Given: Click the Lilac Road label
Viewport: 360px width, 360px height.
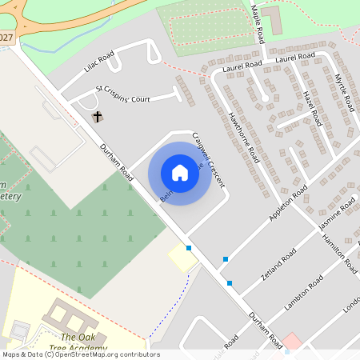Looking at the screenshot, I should tap(99, 62).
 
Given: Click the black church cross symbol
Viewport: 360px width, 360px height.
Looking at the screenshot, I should tap(98, 117).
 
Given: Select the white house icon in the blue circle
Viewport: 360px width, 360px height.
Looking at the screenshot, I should tap(180, 173).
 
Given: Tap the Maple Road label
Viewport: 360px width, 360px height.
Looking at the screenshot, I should tap(258, 24).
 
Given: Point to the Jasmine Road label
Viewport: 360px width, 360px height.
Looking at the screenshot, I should tap(337, 218).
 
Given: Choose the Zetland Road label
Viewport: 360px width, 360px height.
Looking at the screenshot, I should tap(279, 261).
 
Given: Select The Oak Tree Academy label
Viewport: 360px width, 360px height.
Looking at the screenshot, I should tap(83, 342).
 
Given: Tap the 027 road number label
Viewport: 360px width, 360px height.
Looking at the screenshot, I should tap(7, 38).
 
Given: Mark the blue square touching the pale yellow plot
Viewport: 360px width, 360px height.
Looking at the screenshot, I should tap(189, 248).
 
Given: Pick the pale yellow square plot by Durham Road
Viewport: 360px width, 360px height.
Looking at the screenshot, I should tap(183, 258).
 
